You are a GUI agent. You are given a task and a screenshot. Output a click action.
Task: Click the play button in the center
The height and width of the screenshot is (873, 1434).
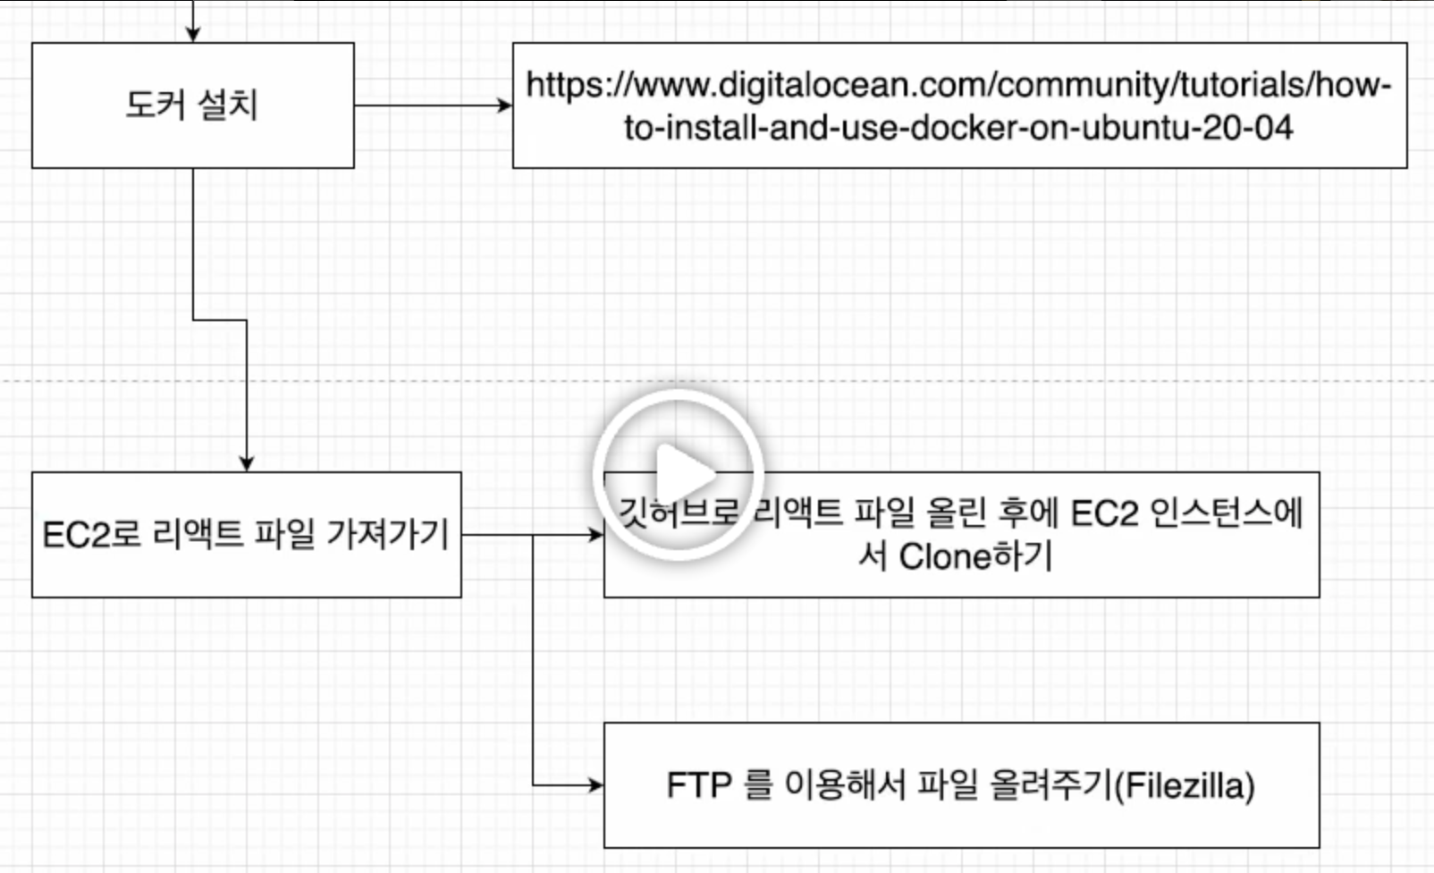tap(679, 474)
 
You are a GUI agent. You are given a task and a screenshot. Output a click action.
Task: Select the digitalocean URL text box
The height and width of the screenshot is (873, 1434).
tap(959, 106)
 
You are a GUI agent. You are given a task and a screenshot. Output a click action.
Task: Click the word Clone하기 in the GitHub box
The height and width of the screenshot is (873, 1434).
tap(975, 556)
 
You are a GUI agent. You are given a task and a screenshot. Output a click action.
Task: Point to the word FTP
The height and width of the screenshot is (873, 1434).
tap(699, 785)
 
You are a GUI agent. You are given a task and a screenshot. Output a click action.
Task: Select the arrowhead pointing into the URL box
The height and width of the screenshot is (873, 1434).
tap(505, 106)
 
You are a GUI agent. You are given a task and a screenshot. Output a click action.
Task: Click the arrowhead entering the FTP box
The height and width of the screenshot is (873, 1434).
tap(596, 785)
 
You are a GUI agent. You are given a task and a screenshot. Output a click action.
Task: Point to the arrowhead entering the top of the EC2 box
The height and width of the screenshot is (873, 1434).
tap(247, 463)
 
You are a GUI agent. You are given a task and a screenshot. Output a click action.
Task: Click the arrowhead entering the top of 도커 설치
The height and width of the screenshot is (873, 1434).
tap(193, 34)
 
